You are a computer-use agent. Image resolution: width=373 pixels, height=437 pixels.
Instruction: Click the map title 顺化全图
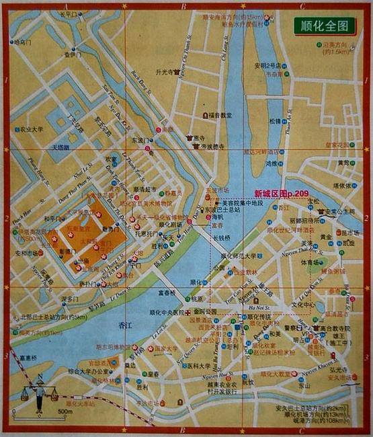click(x=324, y=26)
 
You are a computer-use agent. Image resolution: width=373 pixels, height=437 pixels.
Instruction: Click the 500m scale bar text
click(x=65, y=411)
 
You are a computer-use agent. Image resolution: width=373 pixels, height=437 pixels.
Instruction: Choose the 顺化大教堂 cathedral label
click(x=276, y=373)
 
